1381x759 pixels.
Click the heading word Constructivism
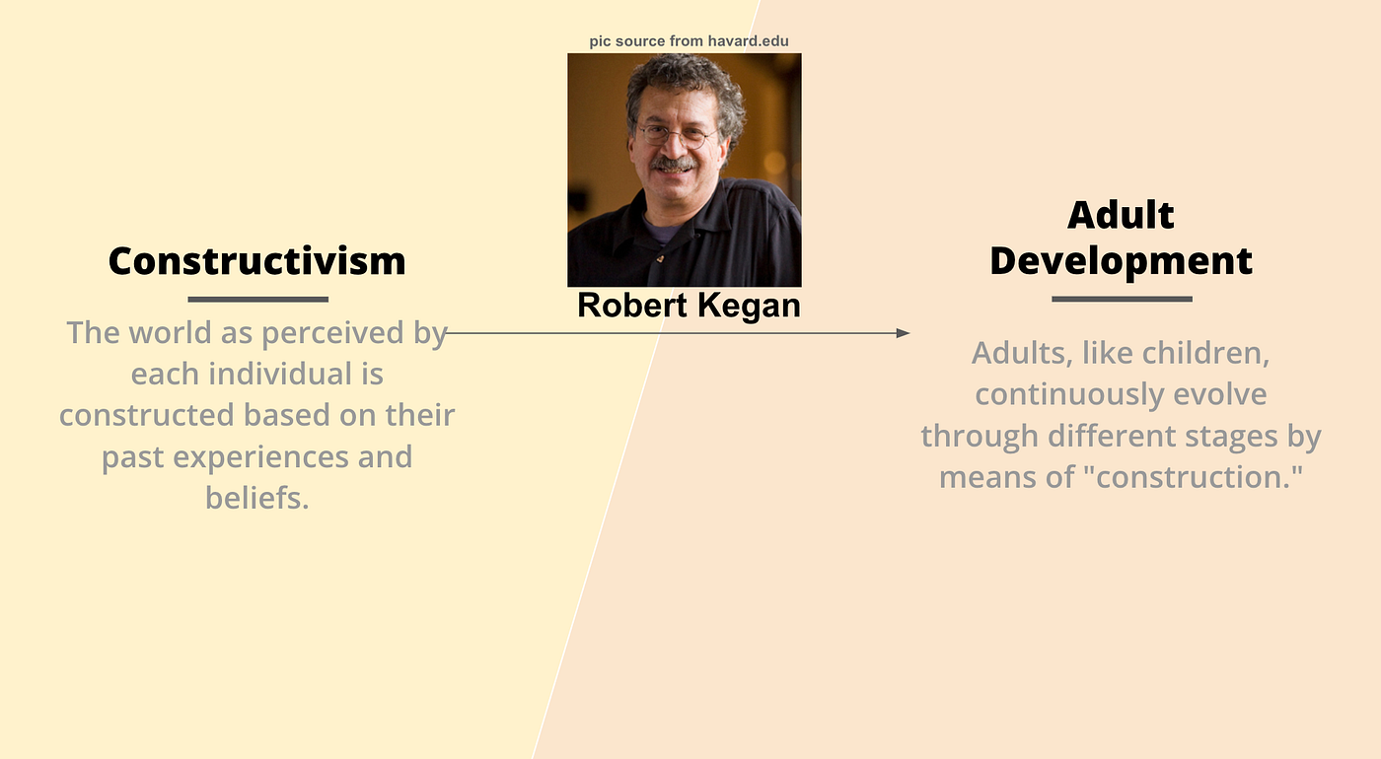(x=257, y=260)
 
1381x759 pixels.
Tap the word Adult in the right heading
(x=1121, y=215)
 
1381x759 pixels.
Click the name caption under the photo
(x=689, y=306)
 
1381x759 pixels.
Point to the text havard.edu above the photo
(x=748, y=41)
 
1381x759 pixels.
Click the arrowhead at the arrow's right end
(x=904, y=333)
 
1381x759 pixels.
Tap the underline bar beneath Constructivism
(x=258, y=300)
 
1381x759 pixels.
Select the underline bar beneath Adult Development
(x=1123, y=299)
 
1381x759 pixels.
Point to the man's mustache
(x=673, y=165)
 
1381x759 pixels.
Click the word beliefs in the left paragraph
(x=257, y=498)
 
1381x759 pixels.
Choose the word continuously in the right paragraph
(x=1069, y=395)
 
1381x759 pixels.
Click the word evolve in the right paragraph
(x=1220, y=394)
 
